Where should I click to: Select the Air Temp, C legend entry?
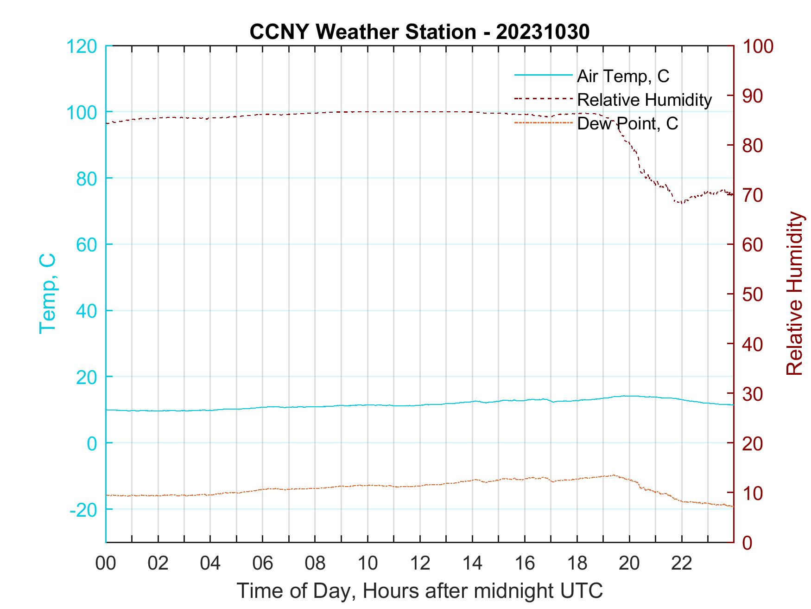622,76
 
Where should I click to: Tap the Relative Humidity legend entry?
644,100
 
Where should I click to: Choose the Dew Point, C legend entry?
627,124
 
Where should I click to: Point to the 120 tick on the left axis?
82,46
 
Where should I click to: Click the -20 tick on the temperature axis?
83,510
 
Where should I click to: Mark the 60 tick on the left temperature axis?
86,245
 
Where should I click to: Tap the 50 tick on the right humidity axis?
753,295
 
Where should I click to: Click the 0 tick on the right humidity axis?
748,542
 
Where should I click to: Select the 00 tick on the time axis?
106,564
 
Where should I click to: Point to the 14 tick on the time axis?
472,564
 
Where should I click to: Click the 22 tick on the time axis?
682,564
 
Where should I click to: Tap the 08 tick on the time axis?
315,564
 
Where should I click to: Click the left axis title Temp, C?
48,294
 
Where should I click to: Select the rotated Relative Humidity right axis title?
794,294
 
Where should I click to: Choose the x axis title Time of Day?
420,591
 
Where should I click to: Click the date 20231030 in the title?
543,32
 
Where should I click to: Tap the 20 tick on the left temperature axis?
86,377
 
